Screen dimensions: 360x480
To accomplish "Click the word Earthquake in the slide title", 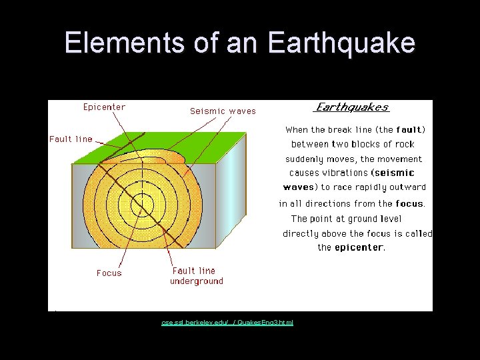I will click(x=341, y=43).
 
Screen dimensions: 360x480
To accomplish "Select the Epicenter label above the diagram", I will click(x=104, y=107).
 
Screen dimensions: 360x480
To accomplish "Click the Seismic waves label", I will click(x=223, y=111).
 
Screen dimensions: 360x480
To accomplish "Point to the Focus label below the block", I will click(x=109, y=273).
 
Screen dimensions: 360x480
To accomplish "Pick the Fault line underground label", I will click(x=196, y=276).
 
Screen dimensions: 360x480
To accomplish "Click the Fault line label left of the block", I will click(x=71, y=139).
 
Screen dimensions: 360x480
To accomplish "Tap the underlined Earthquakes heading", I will click(x=351, y=107).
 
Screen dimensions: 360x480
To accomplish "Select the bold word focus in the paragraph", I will click(x=409, y=203).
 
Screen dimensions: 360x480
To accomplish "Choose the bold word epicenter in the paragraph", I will click(x=359, y=247).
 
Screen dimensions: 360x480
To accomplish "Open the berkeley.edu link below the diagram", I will click(x=227, y=323).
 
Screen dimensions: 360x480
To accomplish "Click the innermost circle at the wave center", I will click(x=142, y=204).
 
